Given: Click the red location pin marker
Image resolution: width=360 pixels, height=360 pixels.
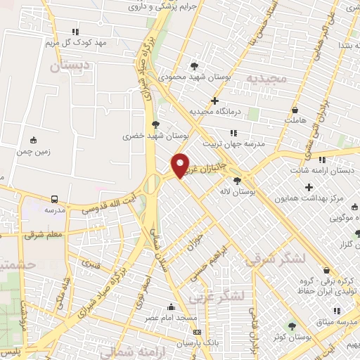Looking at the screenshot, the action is (181, 165).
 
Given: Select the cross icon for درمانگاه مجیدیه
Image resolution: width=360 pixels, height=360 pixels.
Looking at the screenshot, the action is (215, 101).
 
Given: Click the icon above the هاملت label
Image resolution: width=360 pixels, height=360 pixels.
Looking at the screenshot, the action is (295, 110).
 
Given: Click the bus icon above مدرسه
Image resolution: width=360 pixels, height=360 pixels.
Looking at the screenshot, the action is (55, 199).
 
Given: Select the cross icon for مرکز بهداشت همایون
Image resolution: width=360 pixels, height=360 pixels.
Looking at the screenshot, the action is (309, 187).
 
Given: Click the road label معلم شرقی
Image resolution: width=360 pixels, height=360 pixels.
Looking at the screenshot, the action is (44, 235).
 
